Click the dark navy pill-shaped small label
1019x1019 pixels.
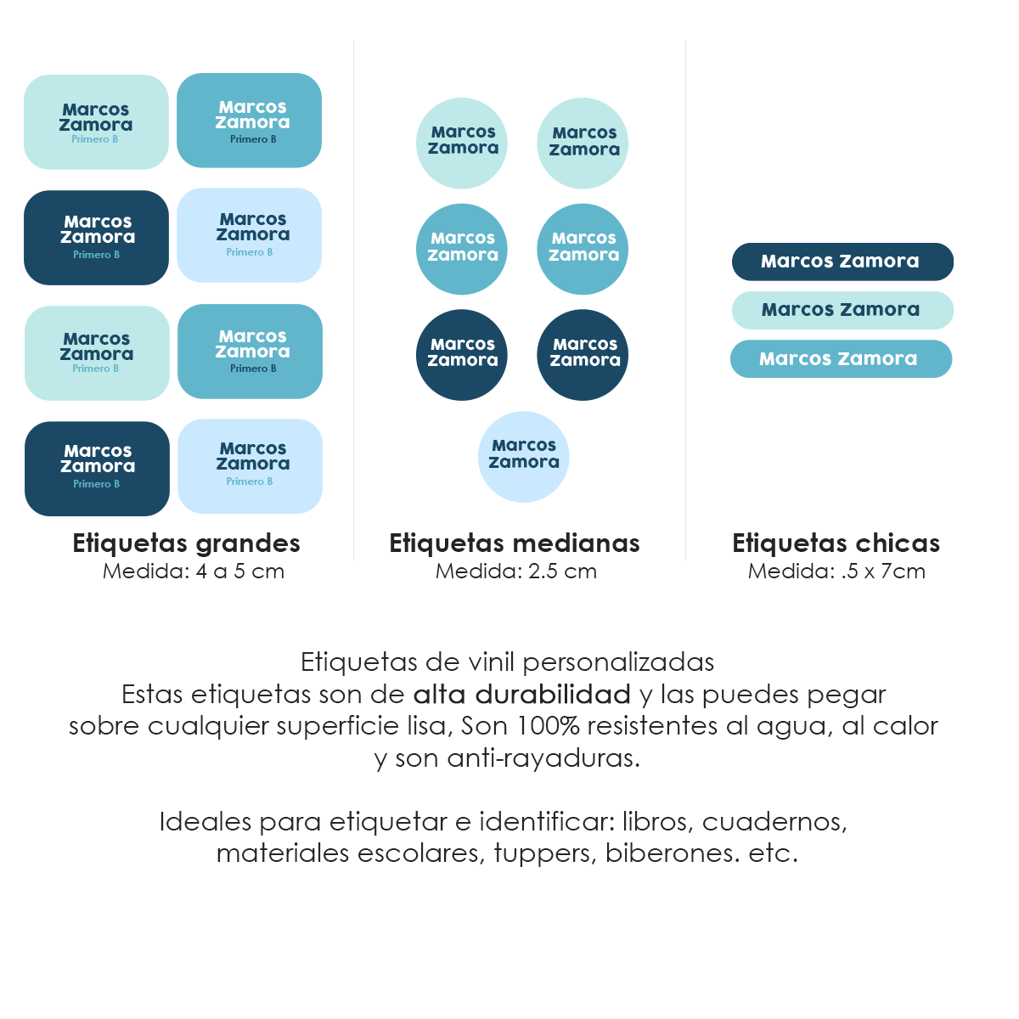842,262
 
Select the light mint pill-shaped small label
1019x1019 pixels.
842,310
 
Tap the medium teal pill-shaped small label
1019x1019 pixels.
841,359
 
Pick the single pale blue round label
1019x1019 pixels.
524,457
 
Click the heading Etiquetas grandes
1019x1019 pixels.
186,543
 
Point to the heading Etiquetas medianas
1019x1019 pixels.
515,543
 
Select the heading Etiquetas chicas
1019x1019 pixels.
836,543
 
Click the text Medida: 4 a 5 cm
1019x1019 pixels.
194,571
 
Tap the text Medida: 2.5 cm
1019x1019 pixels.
516,571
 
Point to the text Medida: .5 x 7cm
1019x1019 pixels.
836,571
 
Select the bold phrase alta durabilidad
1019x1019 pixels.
521,695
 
